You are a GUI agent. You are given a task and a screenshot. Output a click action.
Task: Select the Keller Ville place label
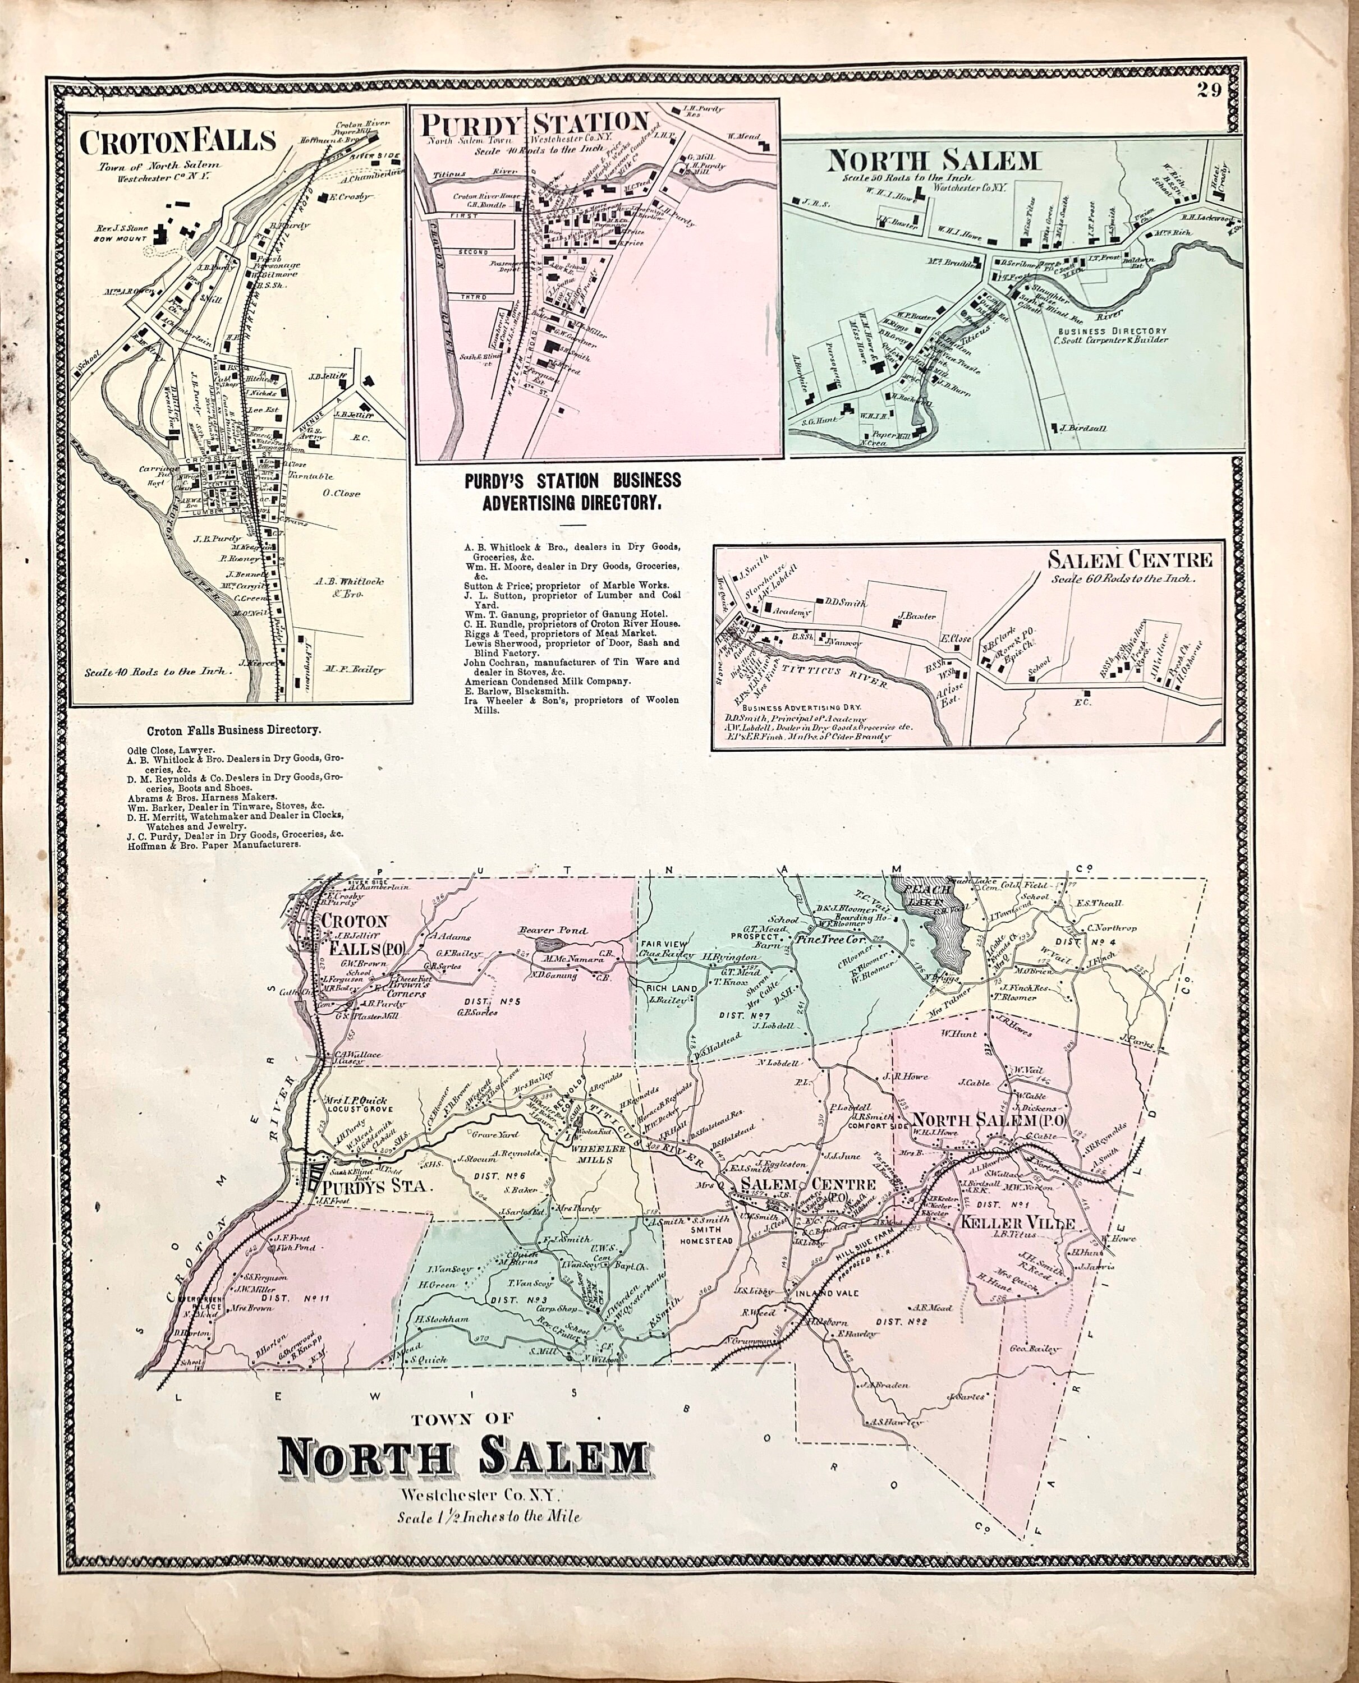pyautogui.click(x=1012, y=1223)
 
